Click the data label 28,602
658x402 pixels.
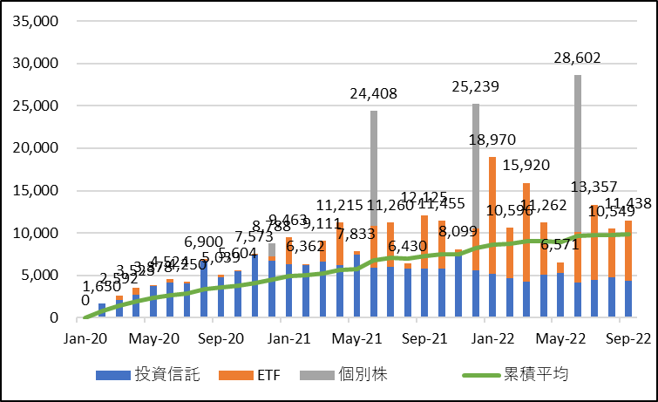click(x=578, y=59)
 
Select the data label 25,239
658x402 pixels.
click(x=477, y=88)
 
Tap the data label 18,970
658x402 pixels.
click(x=493, y=140)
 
